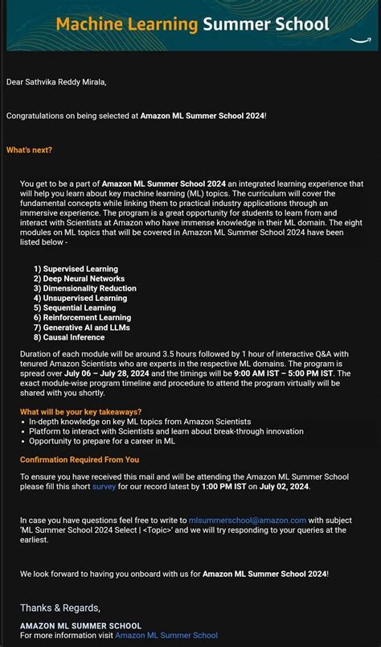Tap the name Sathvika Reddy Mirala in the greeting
pyautogui.click(x=66, y=81)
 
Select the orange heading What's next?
pyautogui.click(x=29, y=150)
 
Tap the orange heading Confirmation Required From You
pyautogui.click(x=80, y=459)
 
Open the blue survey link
pyautogui.click(x=104, y=487)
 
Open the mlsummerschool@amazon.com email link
pyautogui.click(x=248, y=521)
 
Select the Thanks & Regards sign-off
pyautogui.click(x=60, y=608)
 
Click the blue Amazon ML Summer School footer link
pyautogui.click(x=166, y=636)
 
